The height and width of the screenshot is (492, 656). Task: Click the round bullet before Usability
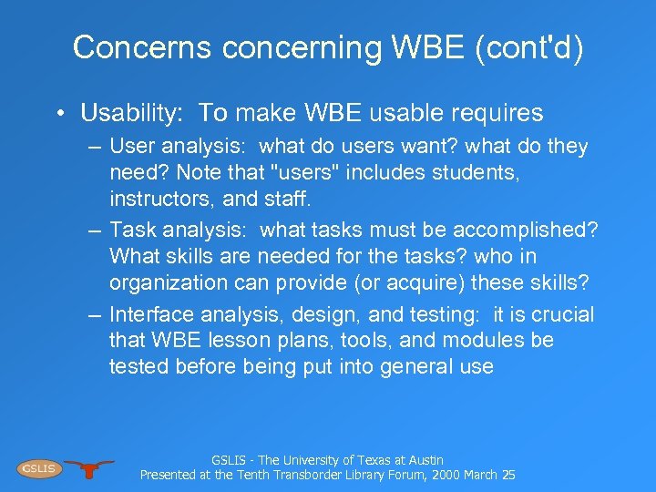click(58, 114)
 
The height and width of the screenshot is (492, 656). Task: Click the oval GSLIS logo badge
click(37, 468)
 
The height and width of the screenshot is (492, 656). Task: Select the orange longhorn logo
click(89, 468)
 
